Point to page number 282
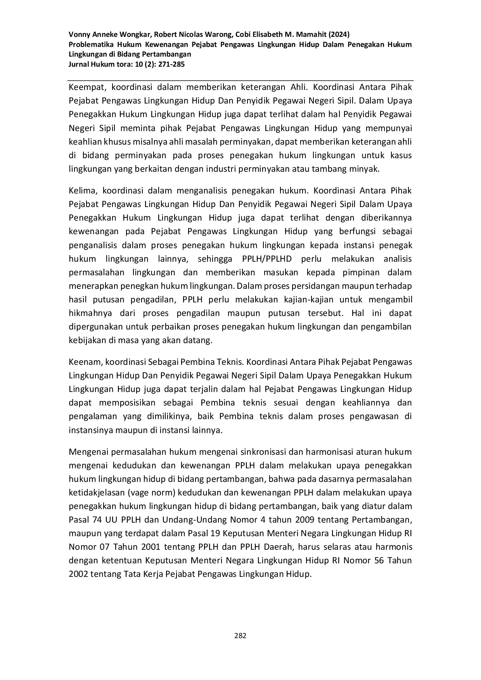[x=240, y=635]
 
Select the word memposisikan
[x=127, y=402]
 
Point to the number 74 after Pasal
[x=99, y=520]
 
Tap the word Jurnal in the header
[x=78, y=64]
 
